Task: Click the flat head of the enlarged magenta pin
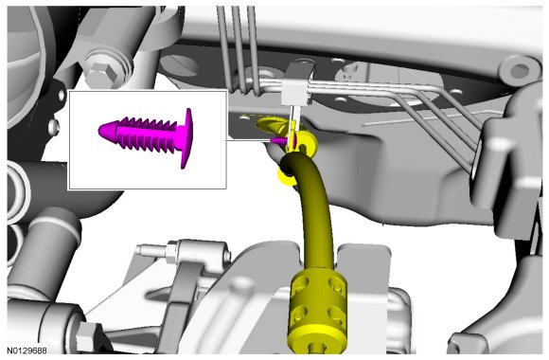(188, 138)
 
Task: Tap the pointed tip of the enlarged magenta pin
(99, 131)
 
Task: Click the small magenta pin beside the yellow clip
(279, 140)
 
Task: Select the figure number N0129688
(27, 351)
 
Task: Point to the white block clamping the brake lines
(296, 92)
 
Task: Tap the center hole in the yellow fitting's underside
(317, 348)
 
